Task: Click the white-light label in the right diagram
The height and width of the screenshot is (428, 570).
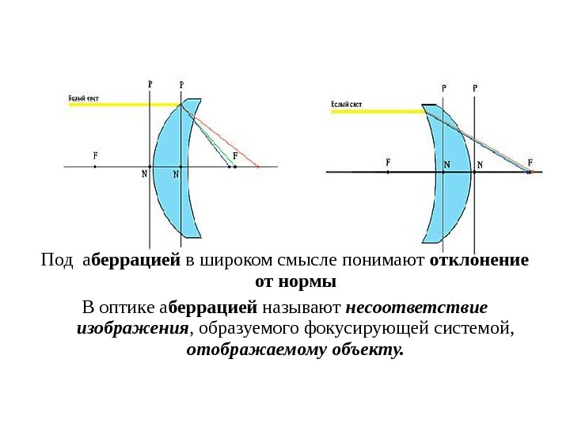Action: coord(346,104)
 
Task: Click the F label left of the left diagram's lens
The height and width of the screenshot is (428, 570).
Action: coord(94,156)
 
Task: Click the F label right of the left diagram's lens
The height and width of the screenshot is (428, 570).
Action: coord(234,155)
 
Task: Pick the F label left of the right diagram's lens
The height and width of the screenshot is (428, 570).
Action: coord(388,160)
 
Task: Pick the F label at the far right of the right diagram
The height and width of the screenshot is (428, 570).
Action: coord(530,160)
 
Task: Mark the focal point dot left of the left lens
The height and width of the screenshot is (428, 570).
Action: coord(95,167)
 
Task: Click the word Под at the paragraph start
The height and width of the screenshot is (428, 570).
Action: coord(55,262)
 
